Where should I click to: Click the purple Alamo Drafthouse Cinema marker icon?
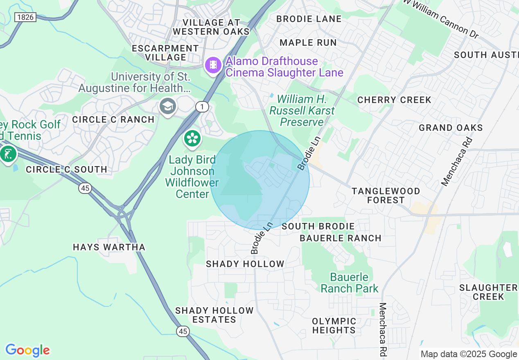click(213, 65)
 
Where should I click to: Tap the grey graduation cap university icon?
click(167, 107)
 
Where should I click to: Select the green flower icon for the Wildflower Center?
click(192, 139)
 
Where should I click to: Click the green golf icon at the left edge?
click(7, 154)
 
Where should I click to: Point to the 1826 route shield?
click(25, 17)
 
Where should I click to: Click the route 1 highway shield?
click(202, 107)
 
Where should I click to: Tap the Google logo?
click(27, 350)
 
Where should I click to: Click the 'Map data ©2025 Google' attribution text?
click(469, 354)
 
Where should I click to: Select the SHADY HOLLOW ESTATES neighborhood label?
click(214, 315)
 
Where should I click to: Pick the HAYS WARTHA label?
click(109, 247)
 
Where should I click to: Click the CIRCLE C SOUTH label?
click(66, 169)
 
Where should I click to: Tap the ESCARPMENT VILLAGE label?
click(165, 53)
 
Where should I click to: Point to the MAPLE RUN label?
click(308, 43)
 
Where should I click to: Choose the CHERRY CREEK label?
click(394, 100)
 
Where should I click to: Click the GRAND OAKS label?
click(451, 128)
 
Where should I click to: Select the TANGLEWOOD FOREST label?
click(386, 196)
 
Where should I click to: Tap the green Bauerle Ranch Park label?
click(350, 283)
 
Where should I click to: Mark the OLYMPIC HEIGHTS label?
click(334, 326)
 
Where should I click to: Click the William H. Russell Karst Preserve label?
click(302, 110)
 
